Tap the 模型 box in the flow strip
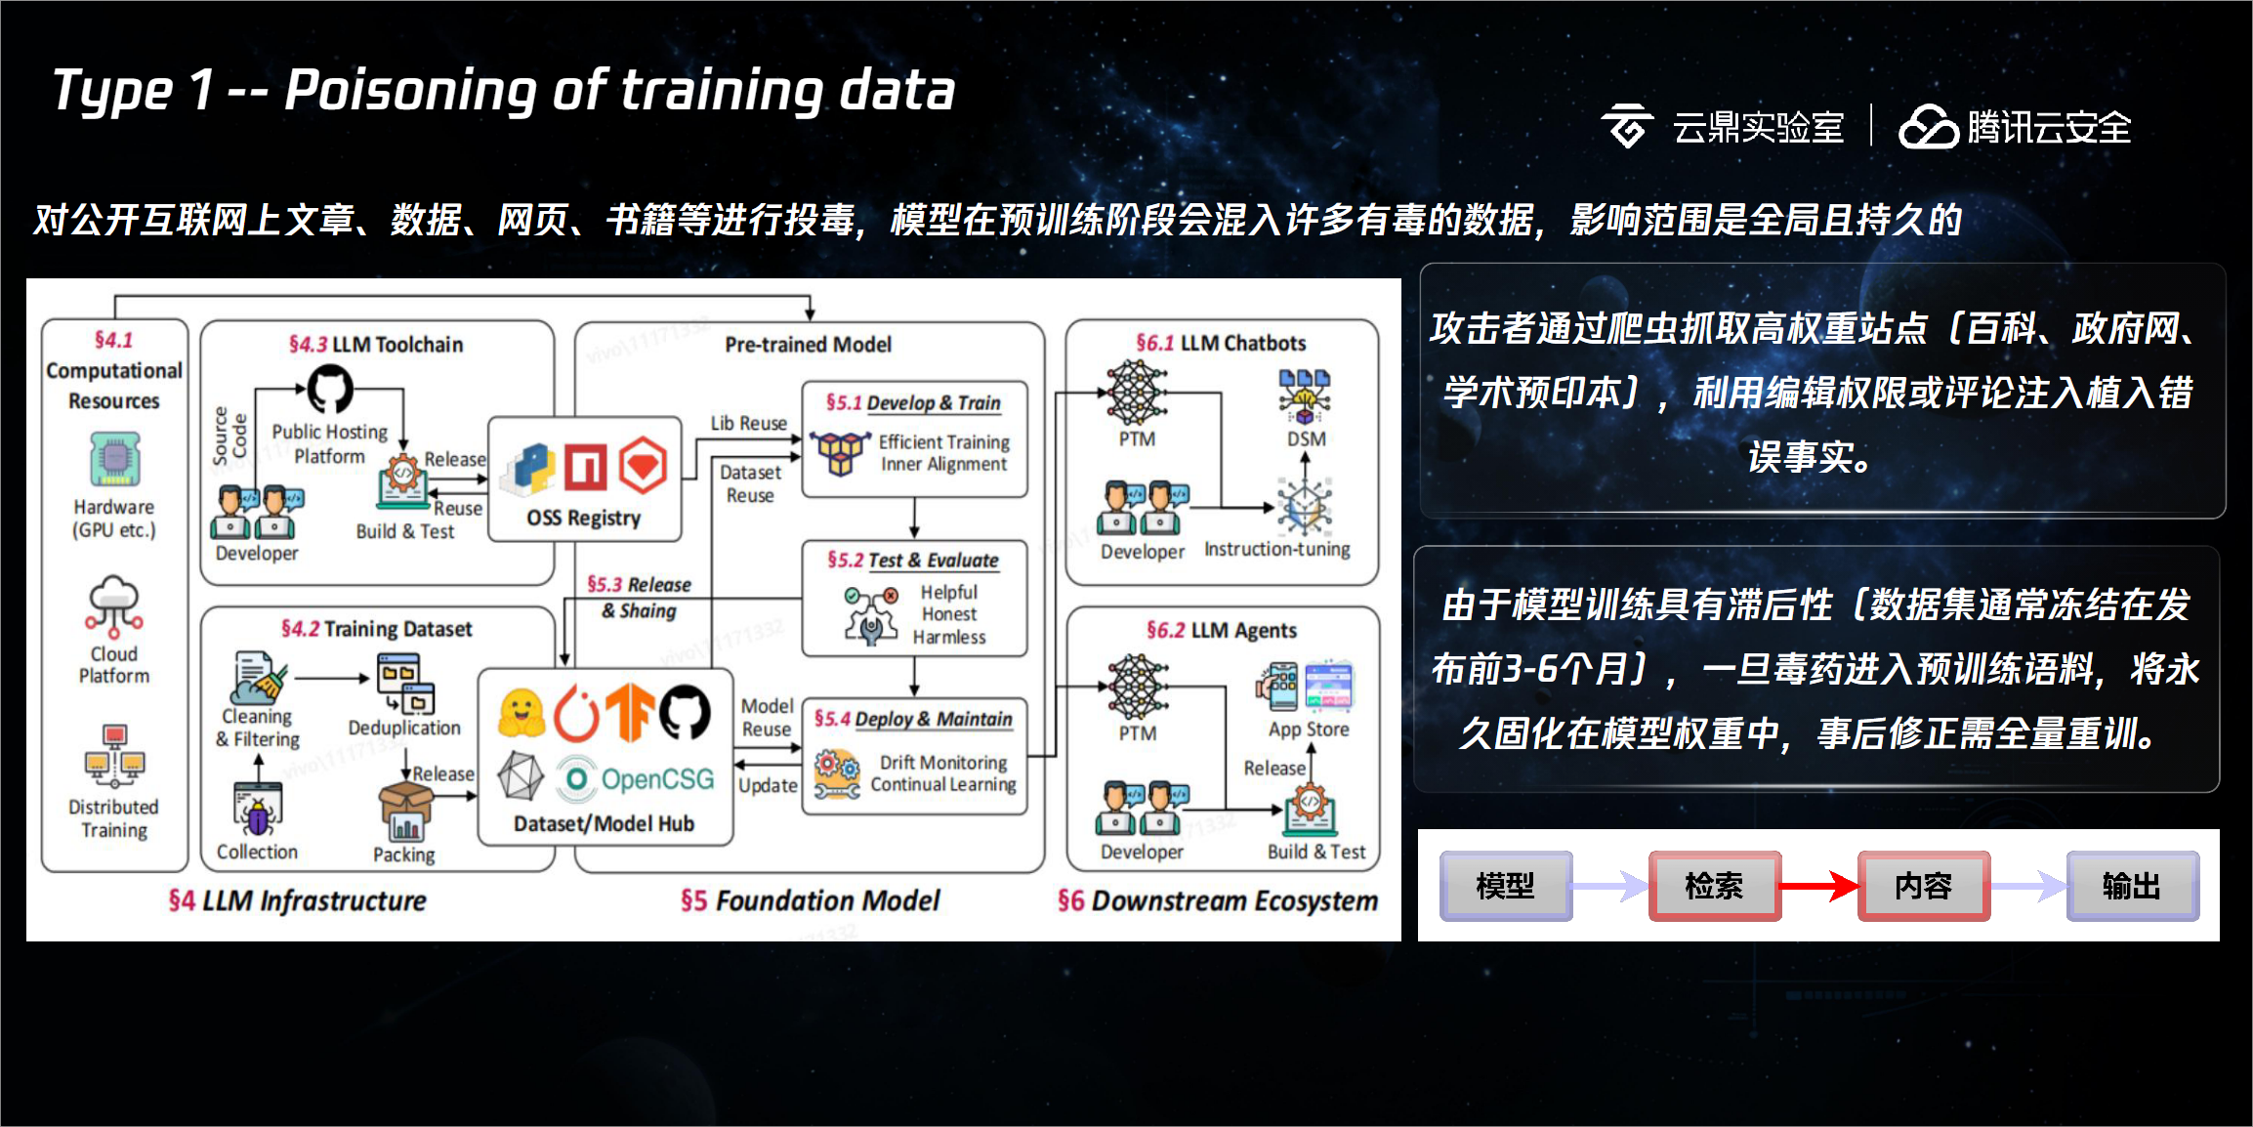(x=1506, y=886)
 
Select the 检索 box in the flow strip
(x=1715, y=886)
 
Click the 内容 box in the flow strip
(x=1924, y=886)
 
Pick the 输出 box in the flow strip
(x=2133, y=886)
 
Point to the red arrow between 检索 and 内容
(x=1819, y=886)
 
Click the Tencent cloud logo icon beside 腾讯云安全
(x=1928, y=127)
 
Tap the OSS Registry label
(x=584, y=518)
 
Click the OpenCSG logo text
(x=657, y=778)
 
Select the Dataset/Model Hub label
(x=604, y=824)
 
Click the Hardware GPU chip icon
(x=114, y=459)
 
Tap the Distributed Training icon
(x=114, y=755)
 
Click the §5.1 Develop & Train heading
(x=913, y=402)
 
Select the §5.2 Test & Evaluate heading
(x=913, y=561)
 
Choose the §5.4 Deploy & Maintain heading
(x=913, y=720)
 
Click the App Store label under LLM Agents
(x=1309, y=730)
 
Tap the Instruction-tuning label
(x=1277, y=550)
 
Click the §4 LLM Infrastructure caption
(x=297, y=900)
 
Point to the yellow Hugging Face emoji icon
(x=522, y=713)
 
